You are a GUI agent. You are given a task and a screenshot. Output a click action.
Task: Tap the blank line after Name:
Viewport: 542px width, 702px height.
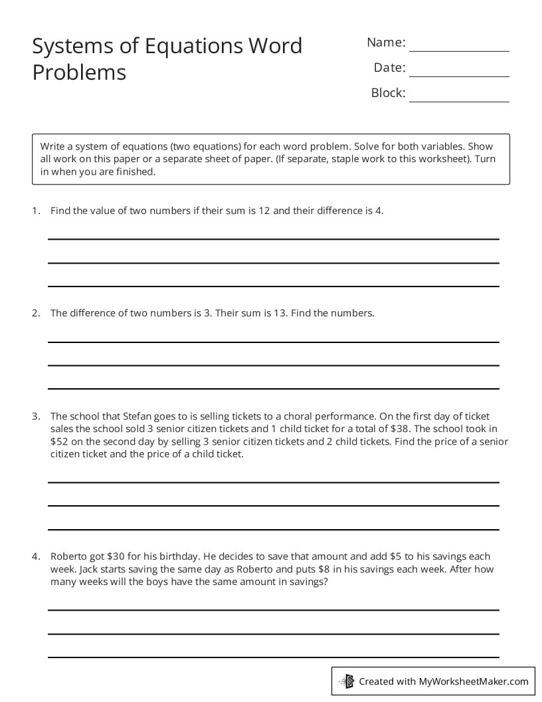pyautogui.click(x=459, y=49)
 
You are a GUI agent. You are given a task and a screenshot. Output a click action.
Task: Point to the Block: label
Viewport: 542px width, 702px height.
pyautogui.click(x=388, y=93)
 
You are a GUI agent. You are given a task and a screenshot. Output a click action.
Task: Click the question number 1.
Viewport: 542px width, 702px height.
pyautogui.click(x=35, y=211)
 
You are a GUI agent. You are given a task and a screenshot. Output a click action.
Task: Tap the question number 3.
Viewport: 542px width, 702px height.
pyautogui.click(x=35, y=417)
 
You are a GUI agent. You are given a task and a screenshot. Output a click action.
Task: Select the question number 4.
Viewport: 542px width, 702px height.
pyautogui.click(x=35, y=556)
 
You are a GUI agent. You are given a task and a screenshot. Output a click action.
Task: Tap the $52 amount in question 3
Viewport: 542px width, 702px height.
pyautogui.click(x=58, y=442)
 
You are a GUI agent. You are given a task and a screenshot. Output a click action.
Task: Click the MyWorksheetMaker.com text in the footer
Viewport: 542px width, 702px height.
pyautogui.click(x=473, y=681)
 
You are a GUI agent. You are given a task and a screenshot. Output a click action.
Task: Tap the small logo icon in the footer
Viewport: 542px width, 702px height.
pyautogui.click(x=347, y=681)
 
